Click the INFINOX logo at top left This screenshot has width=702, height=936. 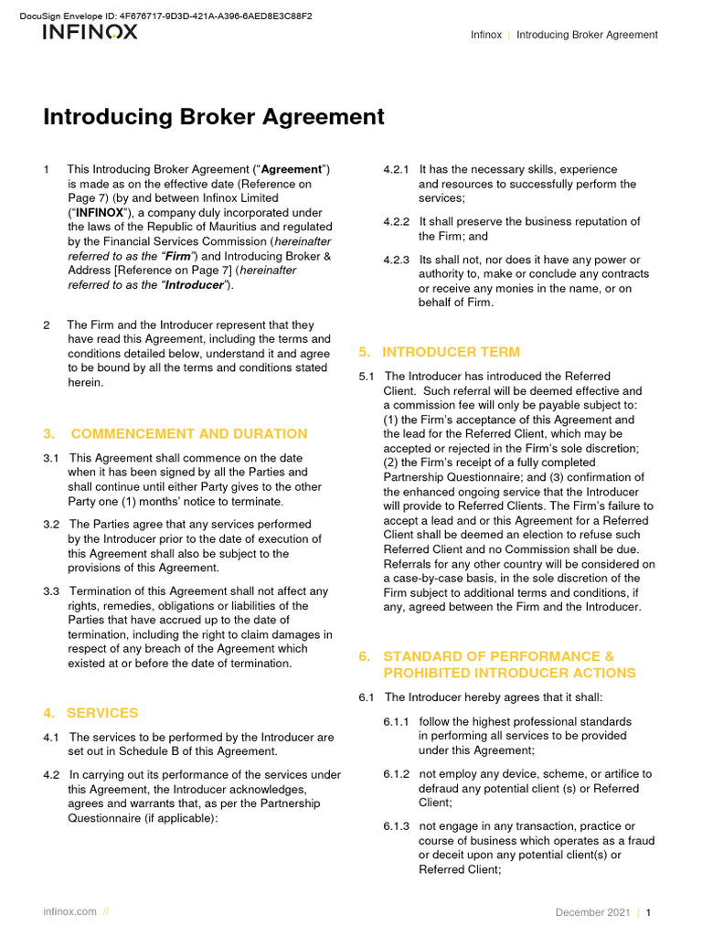click(x=90, y=32)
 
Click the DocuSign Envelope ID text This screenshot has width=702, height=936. click(x=165, y=16)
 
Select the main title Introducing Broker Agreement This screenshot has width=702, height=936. click(x=214, y=117)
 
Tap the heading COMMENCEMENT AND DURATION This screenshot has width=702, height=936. click(x=188, y=433)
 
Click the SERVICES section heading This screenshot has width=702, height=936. click(x=103, y=712)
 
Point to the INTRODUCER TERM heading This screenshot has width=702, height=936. click(x=451, y=352)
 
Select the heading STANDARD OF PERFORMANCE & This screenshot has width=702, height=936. click(x=498, y=656)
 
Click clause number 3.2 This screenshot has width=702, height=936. click(x=51, y=525)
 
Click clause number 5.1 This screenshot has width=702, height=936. click(x=367, y=377)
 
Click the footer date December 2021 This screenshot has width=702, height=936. click(x=592, y=912)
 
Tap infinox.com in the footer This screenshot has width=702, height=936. click(x=69, y=912)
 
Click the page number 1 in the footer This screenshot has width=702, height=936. click(x=648, y=912)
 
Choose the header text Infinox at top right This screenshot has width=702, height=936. click(x=485, y=35)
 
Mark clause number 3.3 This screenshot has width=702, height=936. click(x=51, y=591)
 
